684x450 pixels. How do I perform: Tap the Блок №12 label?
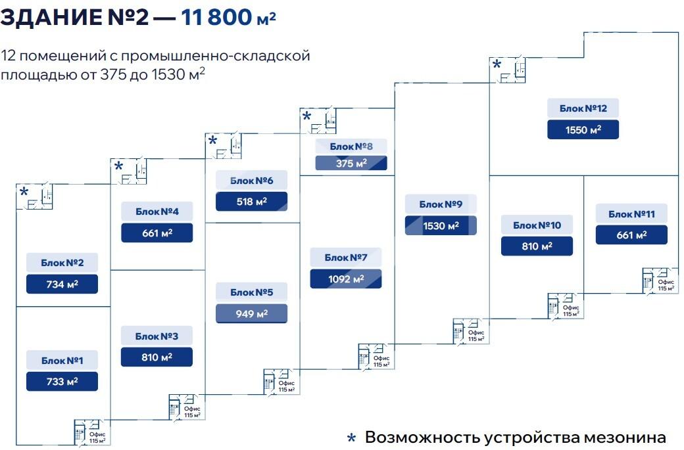(583, 108)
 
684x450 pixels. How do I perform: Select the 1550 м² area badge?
(583, 129)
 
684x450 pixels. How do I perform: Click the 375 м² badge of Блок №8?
(351, 163)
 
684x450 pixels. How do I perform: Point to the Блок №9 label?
(441, 204)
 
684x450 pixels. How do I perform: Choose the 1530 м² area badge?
(441, 225)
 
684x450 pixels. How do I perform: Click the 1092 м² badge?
(346, 279)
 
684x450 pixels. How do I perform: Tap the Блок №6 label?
(251, 181)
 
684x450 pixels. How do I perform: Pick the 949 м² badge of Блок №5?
(251, 313)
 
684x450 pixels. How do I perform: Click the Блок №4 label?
(157, 212)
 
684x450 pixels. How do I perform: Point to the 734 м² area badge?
(62, 284)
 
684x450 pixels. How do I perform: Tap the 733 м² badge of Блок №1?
(62, 381)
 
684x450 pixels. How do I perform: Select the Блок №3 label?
(157, 336)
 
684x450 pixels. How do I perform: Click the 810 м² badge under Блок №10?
(537, 246)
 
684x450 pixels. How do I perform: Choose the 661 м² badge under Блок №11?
(631, 235)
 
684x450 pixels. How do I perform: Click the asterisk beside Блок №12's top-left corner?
(497, 64)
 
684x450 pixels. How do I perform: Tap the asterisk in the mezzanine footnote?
(351, 438)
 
